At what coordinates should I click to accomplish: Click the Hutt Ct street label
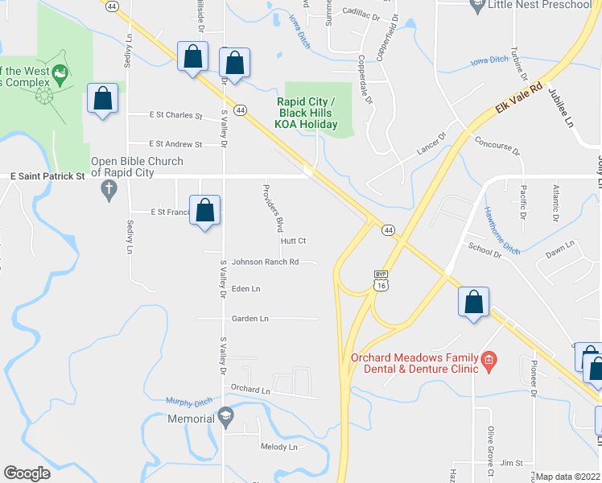click(x=294, y=241)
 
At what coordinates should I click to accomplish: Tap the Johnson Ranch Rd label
click(x=265, y=262)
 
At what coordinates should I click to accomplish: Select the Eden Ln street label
click(x=245, y=288)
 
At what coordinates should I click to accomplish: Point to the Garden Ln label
click(x=249, y=319)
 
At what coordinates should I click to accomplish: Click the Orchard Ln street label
click(x=249, y=389)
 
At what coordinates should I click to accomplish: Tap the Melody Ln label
click(x=278, y=447)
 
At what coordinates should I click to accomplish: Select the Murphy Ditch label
click(x=187, y=401)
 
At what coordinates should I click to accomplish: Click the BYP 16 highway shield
click(x=381, y=279)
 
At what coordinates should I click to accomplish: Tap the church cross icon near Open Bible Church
click(x=109, y=191)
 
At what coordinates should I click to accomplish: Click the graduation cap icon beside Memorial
click(x=226, y=418)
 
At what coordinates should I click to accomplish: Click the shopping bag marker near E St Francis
click(x=205, y=210)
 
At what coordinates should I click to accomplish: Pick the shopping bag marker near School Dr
click(x=474, y=303)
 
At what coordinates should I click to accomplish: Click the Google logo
click(x=27, y=473)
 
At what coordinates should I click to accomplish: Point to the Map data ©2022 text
click(x=568, y=477)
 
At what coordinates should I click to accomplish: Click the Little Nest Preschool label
click(x=541, y=5)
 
